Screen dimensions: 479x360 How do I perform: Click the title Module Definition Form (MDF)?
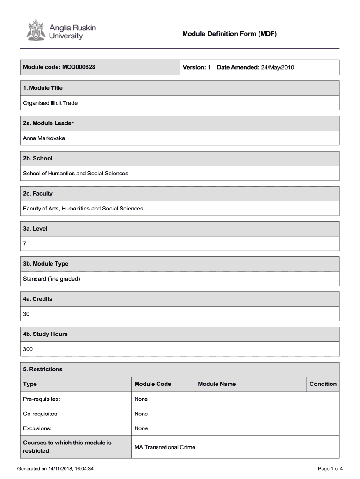click(x=230, y=34)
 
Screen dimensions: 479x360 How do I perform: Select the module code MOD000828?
click(x=79, y=67)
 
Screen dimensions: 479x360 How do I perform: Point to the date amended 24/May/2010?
click(x=277, y=67)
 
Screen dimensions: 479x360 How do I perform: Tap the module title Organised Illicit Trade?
click(x=50, y=103)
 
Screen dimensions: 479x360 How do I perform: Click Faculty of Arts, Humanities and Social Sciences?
click(x=83, y=209)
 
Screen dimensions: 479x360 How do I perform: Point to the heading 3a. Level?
click(x=36, y=229)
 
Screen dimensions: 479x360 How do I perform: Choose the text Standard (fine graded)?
click(x=52, y=279)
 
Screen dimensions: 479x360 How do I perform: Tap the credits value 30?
click(x=26, y=314)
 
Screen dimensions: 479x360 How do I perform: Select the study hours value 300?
click(x=28, y=349)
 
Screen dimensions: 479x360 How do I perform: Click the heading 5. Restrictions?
click(x=43, y=369)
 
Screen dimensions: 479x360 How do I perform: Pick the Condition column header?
click(x=323, y=384)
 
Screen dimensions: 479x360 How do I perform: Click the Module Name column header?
click(x=217, y=384)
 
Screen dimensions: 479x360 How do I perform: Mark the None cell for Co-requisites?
click(x=141, y=414)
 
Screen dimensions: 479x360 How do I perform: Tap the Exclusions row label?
click(x=37, y=428)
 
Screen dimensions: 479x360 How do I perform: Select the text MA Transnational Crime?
click(x=165, y=447)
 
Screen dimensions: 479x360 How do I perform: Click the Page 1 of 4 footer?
click(x=330, y=468)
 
